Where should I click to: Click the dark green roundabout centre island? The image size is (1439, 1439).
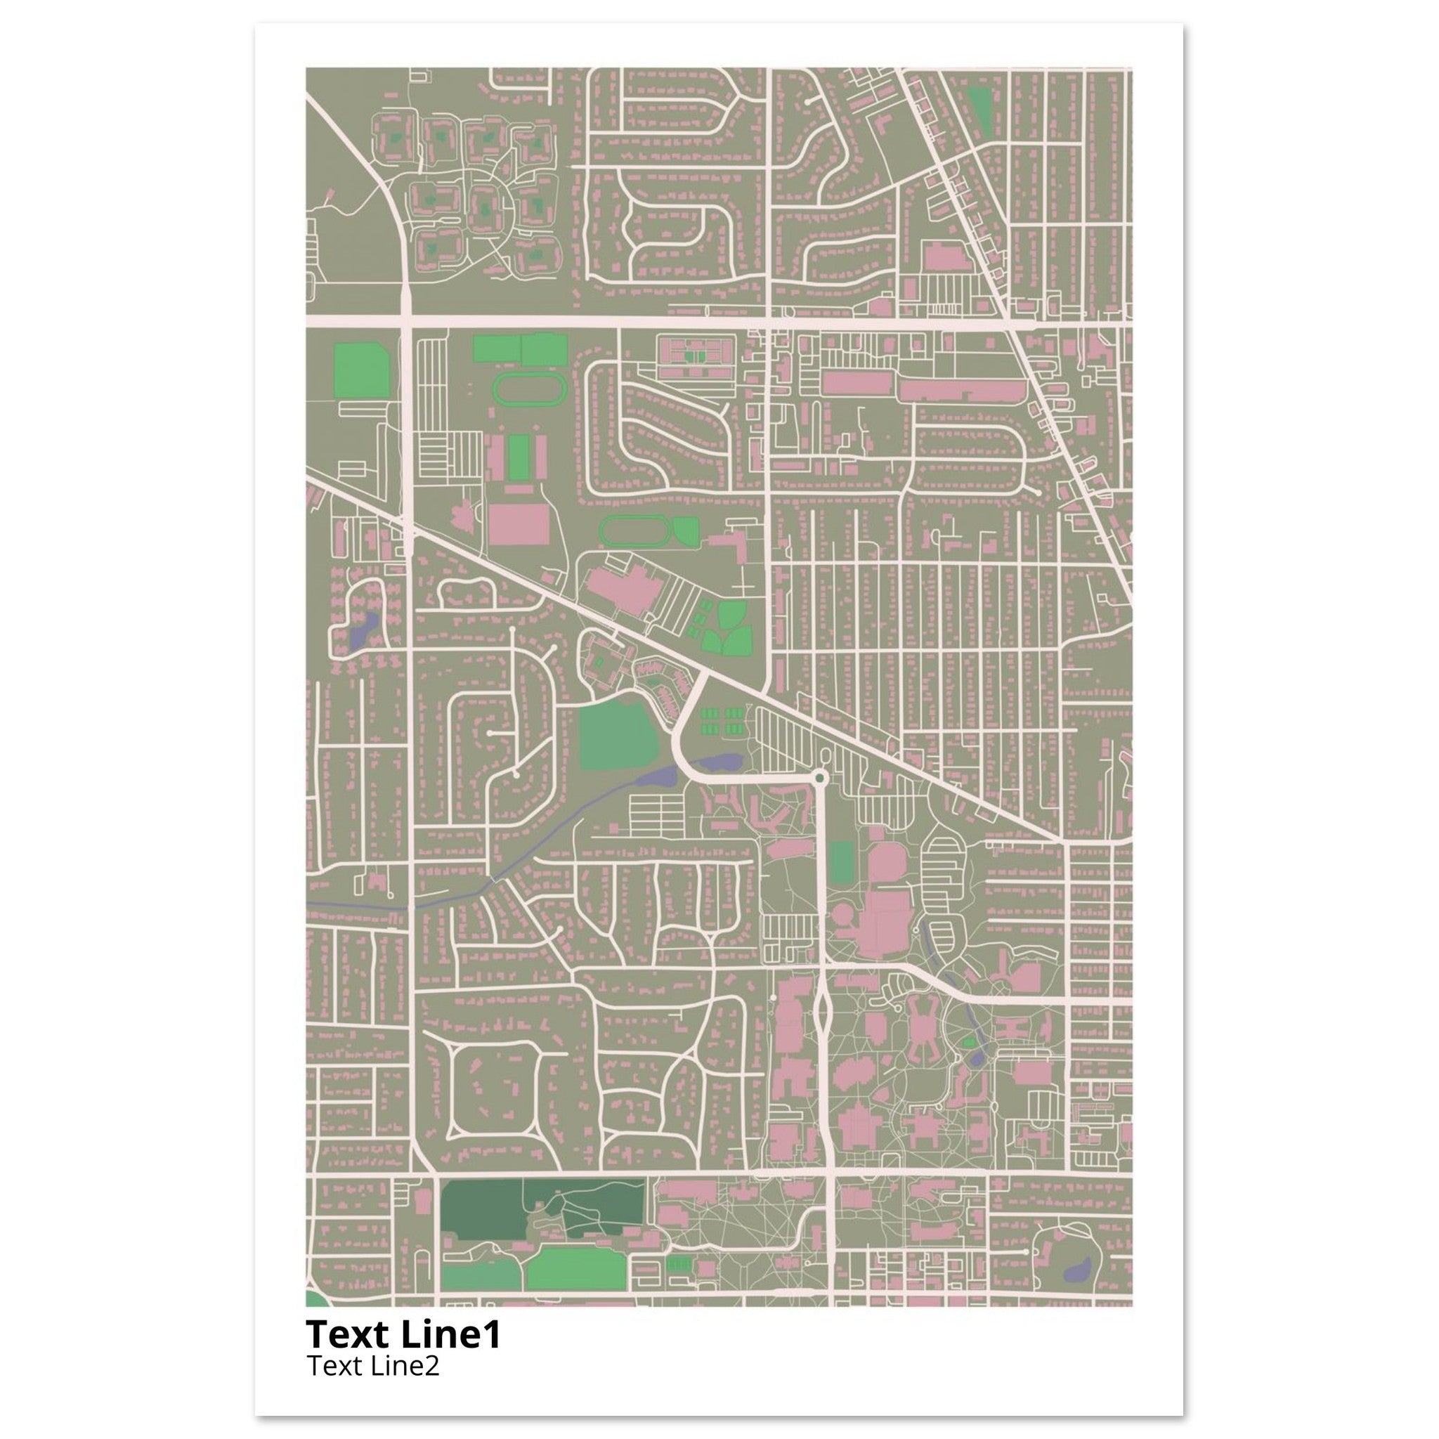820,778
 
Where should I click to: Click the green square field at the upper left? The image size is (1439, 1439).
362,370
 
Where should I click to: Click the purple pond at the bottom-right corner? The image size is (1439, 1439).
1078,1269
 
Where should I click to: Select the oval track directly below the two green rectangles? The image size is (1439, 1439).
530,389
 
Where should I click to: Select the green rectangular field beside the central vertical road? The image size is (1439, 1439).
842,864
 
